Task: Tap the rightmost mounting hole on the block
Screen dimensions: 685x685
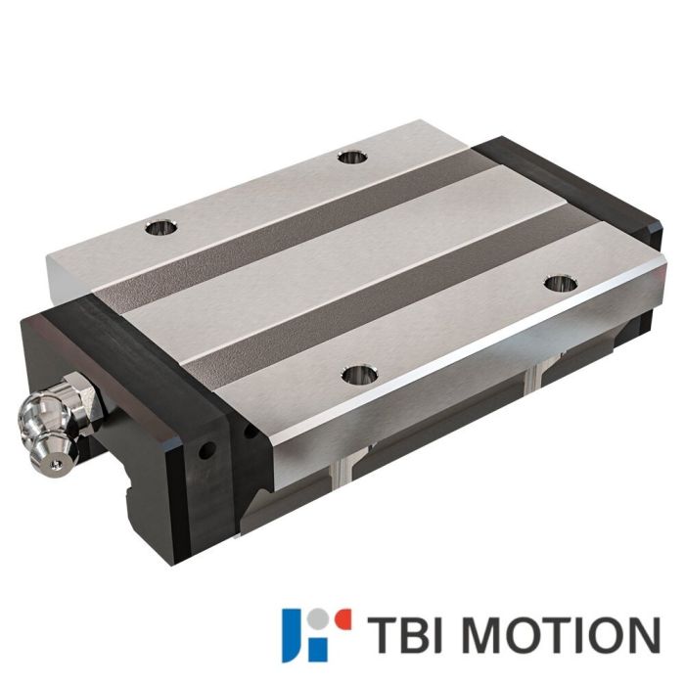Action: (558, 284)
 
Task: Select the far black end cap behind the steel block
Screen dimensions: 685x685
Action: (568, 186)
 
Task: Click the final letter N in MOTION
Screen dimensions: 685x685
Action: (641, 633)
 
